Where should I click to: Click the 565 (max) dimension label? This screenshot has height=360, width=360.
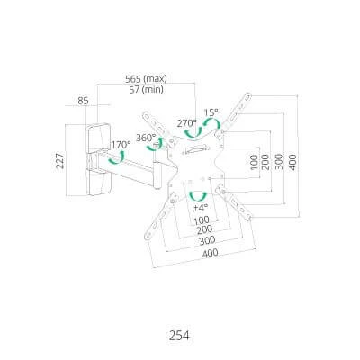point(146,79)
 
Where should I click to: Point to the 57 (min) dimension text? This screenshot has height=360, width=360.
point(146,89)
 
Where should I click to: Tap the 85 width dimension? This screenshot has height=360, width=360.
point(83,101)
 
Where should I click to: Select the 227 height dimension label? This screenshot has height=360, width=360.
point(59,160)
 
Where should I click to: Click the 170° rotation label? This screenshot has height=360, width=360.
point(121,145)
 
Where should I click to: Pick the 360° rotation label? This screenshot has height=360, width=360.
point(146,138)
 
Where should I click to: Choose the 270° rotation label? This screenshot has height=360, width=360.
point(187,123)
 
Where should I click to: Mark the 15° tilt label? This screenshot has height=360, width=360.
point(211,112)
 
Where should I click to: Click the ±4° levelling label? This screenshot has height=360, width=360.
point(201,207)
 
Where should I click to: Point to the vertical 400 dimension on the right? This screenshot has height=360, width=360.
point(292,162)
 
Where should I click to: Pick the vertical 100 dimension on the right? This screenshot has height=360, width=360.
point(254,162)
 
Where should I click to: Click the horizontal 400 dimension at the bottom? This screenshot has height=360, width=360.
point(210,253)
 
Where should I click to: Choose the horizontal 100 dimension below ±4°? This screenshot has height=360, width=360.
point(202,220)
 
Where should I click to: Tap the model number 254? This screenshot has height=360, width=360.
point(179,336)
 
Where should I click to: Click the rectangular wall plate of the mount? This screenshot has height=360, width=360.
point(98,159)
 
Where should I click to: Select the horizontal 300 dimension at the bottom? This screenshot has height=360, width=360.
point(207,240)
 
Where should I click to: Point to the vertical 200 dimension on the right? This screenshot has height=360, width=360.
point(265,162)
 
